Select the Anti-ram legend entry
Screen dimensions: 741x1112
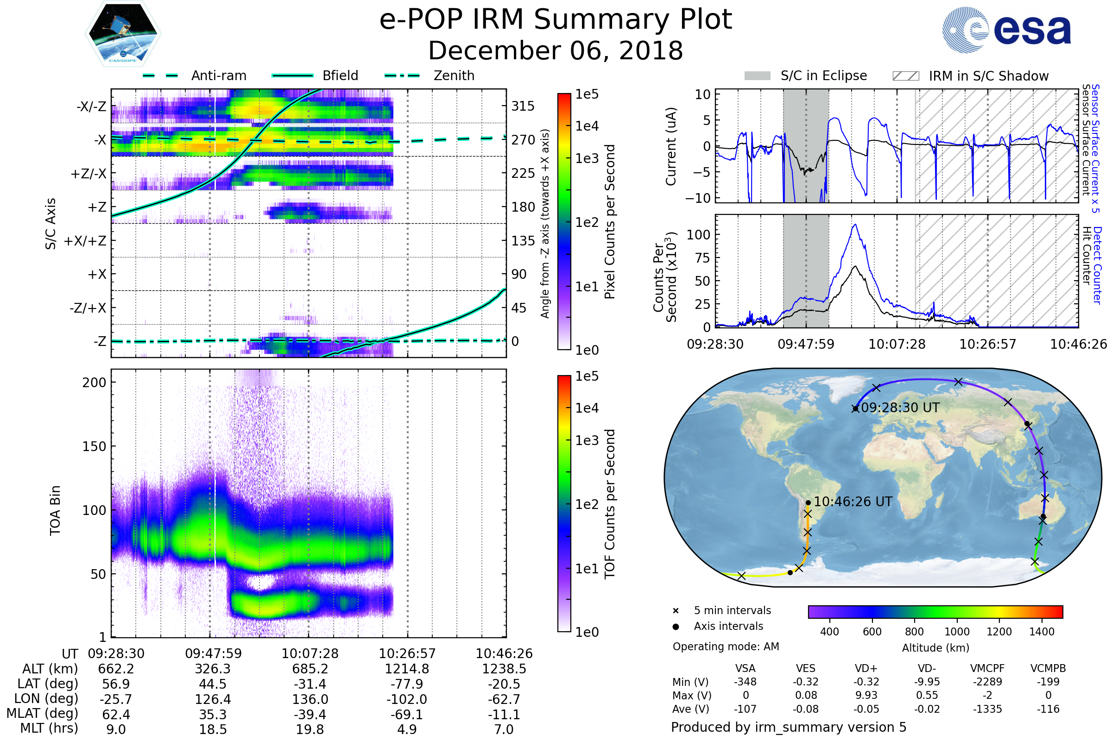coord(218,75)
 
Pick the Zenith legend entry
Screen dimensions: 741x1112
coord(454,75)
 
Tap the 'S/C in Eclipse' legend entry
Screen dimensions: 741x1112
coord(823,75)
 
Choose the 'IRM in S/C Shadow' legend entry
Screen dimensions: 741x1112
coord(988,76)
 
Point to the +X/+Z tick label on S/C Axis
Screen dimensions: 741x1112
coord(85,241)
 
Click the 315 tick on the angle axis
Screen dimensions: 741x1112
coord(523,106)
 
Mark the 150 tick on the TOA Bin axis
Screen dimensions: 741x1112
coord(94,446)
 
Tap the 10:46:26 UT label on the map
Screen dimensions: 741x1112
coord(853,502)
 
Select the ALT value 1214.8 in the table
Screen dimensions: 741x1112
coord(407,669)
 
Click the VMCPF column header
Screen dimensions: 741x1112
coord(987,669)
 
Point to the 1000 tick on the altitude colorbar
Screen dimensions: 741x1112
coord(956,632)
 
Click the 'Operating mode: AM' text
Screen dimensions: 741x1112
coord(726,647)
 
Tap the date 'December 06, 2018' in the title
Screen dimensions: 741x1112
coord(556,51)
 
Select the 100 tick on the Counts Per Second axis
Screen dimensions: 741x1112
coord(698,235)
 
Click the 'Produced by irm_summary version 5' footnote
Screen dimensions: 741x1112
coord(789,727)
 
